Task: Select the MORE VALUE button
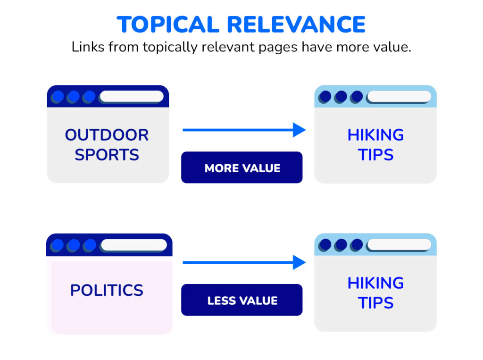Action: coord(242,168)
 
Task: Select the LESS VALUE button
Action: coord(242,301)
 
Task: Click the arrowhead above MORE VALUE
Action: coord(299,130)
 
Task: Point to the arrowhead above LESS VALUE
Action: coord(299,262)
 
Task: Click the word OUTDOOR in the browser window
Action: coord(107,135)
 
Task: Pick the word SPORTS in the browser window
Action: coord(107,155)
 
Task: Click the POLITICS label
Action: coord(107,290)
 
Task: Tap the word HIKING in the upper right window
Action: coord(375,135)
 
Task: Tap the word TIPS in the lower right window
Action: coord(375,302)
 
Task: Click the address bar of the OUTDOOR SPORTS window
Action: coord(132,97)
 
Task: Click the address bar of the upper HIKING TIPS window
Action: coord(399,97)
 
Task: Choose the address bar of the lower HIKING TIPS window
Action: coord(399,245)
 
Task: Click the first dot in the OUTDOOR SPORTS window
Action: coord(58,97)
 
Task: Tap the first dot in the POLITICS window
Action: coord(58,245)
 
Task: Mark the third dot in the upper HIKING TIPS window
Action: coord(357,97)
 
